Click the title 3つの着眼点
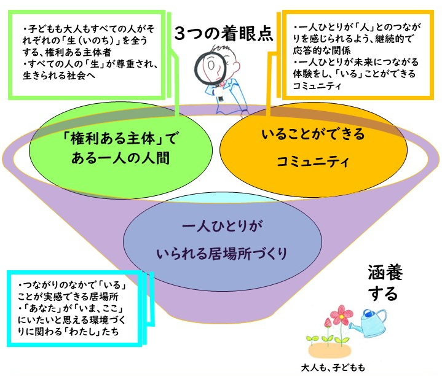point(224,34)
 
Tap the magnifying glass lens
point(210,67)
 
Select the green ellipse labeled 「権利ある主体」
point(120,150)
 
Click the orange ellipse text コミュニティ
point(313,162)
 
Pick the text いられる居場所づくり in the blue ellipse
point(222,253)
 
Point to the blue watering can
point(368,323)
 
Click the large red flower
point(341,315)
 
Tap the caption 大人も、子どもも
point(333,368)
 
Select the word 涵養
point(385,273)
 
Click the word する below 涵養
point(383,294)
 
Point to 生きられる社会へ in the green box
point(59,76)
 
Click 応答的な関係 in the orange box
point(322,50)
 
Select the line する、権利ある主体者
point(67,52)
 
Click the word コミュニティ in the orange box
point(317,85)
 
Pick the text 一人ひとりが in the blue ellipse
point(222,226)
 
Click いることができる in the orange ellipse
point(313,134)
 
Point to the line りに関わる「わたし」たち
point(68,331)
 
